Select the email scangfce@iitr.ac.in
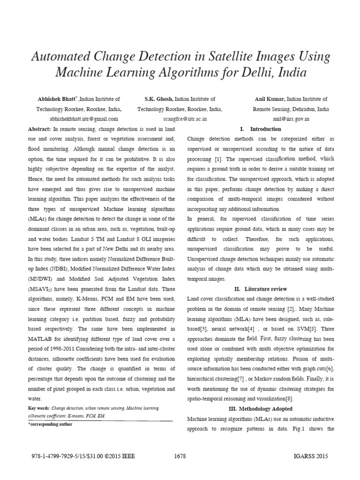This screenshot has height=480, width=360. pos(180,120)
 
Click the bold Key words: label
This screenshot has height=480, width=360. pos(39,409)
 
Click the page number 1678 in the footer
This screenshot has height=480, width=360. pos(180,456)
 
